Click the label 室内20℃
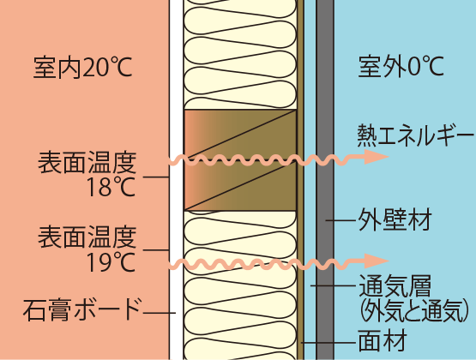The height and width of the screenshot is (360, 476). (x=82, y=68)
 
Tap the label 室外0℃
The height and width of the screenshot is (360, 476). (x=401, y=66)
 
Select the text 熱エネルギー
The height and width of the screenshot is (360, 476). (x=415, y=135)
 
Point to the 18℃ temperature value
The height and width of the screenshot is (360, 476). (x=111, y=187)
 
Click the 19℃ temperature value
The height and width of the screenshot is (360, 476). (x=111, y=262)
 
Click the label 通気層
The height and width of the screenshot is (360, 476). (x=395, y=285)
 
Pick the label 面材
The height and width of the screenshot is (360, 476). (x=383, y=341)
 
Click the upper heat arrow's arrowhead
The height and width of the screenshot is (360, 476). (x=377, y=157)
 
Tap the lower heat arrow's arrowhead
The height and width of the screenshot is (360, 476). (x=377, y=261)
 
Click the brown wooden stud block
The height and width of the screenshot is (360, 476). (x=240, y=159)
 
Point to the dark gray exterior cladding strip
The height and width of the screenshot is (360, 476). (x=325, y=180)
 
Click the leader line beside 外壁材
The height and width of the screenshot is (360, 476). (x=340, y=220)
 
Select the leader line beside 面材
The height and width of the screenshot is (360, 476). (x=328, y=343)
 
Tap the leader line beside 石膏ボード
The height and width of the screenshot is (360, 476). (x=160, y=313)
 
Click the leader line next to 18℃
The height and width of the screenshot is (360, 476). (x=156, y=177)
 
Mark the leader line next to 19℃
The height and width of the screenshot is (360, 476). (x=156, y=250)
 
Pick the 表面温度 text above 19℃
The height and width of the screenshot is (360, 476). (x=87, y=237)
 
